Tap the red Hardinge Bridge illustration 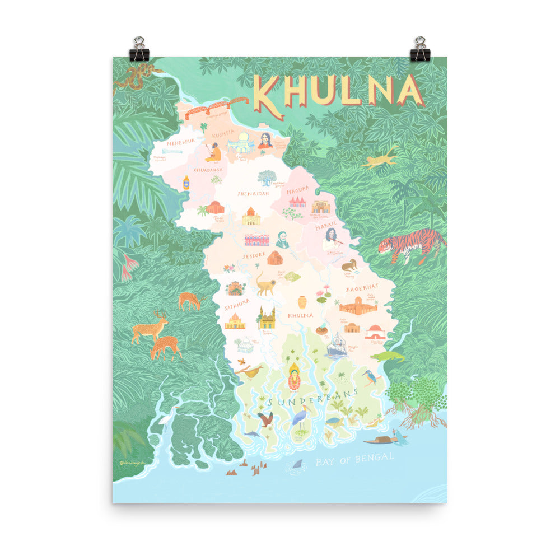[x=216, y=108]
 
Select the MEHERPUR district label [x=181, y=142]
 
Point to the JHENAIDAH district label [x=253, y=193]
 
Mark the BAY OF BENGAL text [x=354, y=458]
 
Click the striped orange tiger [x=411, y=244]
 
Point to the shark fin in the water [x=298, y=464]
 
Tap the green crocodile [x=387, y=356]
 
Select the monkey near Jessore [x=265, y=283]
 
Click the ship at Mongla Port [x=337, y=345]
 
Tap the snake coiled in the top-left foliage [x=133, y=76]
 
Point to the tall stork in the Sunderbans [x=300, y=417]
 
